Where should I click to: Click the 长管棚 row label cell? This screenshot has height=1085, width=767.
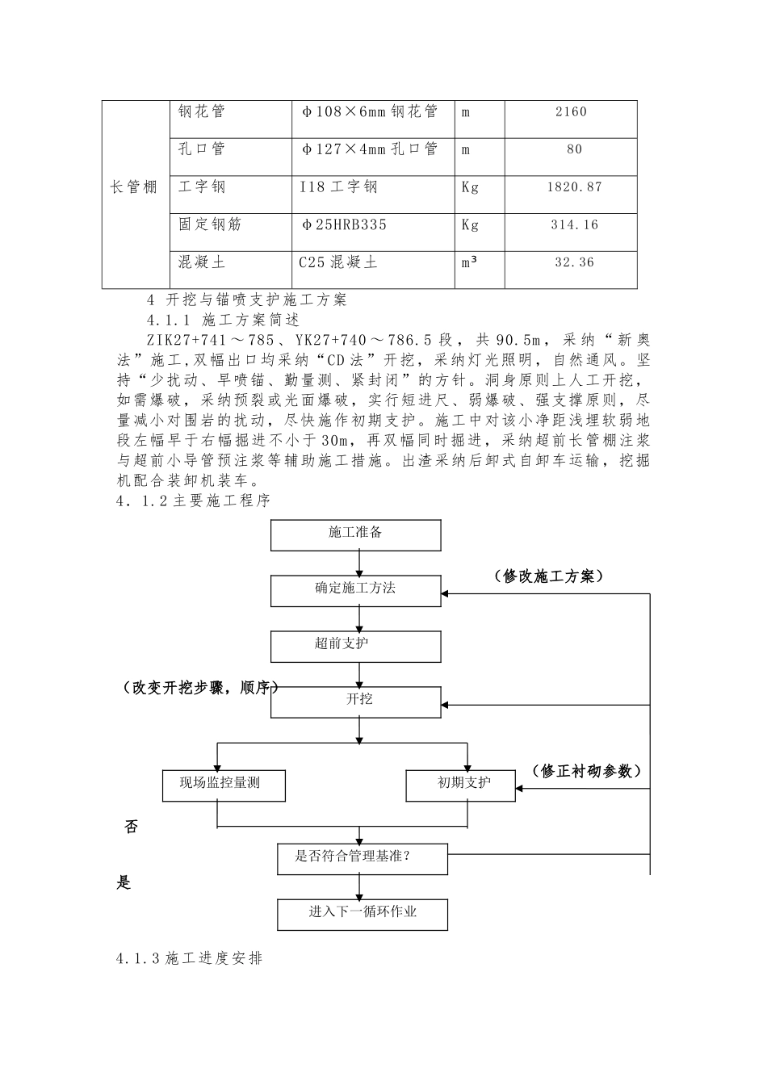[134, 188]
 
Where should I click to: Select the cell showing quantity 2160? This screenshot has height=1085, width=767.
[571, 112]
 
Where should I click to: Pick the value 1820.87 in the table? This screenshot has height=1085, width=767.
[571, 187]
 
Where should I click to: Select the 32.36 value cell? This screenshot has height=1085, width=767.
[571, 262]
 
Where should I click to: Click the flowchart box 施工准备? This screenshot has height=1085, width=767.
[356, 533]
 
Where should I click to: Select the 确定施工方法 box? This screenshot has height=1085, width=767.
[356, 589]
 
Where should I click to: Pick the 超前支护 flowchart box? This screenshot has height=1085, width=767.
[356, 645]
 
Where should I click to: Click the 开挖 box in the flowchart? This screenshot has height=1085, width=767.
[356, 700]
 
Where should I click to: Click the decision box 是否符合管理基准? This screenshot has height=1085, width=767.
[362, 857]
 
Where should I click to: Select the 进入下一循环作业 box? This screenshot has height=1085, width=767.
[362, 913]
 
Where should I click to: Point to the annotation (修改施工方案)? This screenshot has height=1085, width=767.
[548, 576]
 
